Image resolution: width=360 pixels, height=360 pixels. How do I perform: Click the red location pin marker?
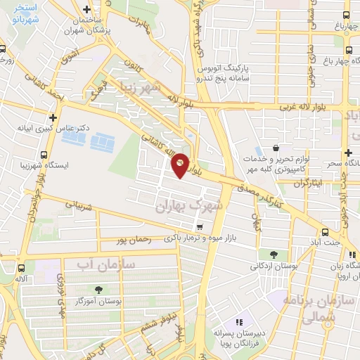point(180,165)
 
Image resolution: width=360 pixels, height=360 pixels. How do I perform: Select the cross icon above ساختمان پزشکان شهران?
point(86,10)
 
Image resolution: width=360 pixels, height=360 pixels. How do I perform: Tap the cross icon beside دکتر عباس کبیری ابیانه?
point(52,117)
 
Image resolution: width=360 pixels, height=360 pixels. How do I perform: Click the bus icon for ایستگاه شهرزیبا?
point(44,155)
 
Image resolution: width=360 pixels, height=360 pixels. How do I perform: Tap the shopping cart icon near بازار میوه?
point(200,226)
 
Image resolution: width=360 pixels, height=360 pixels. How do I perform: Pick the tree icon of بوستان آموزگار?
point(97,289)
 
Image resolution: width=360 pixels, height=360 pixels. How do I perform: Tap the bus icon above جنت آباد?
point(325,232)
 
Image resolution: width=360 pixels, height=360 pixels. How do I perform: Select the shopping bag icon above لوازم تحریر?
point(275,148)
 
